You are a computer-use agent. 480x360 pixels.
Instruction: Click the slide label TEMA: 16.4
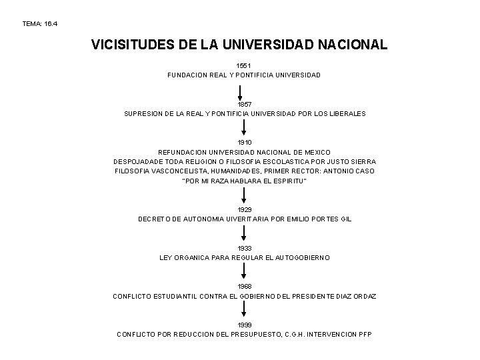click(x=41, y=23)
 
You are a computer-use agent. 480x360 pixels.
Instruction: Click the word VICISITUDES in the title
click(x=131, y=45)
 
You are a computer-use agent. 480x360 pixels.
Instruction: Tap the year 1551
click(x=244, y=66)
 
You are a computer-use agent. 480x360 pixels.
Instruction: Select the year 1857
click(x=245, y=105)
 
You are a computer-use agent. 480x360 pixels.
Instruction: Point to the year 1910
click(x=245, y=143)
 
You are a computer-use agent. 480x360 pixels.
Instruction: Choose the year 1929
click(x=245, y=209)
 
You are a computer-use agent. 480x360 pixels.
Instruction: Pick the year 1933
click(x=245, y=248)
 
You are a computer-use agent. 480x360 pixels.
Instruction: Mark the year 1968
click(x=245, y=287)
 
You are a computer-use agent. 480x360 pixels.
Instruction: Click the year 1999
click(x=245, y=325)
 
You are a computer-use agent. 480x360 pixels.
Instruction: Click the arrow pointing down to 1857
click(x=245, y=91)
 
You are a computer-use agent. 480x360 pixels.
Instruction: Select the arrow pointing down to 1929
click(x=245, y=195)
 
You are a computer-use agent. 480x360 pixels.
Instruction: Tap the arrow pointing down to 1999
click(x=245, y=311)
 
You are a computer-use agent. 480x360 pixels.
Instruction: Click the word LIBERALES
click(x=344, y=114)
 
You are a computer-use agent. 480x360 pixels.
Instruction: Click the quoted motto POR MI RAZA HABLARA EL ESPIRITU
click(x=245, y=181)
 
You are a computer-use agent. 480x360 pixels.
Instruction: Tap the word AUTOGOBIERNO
click(x=300, y=257)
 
